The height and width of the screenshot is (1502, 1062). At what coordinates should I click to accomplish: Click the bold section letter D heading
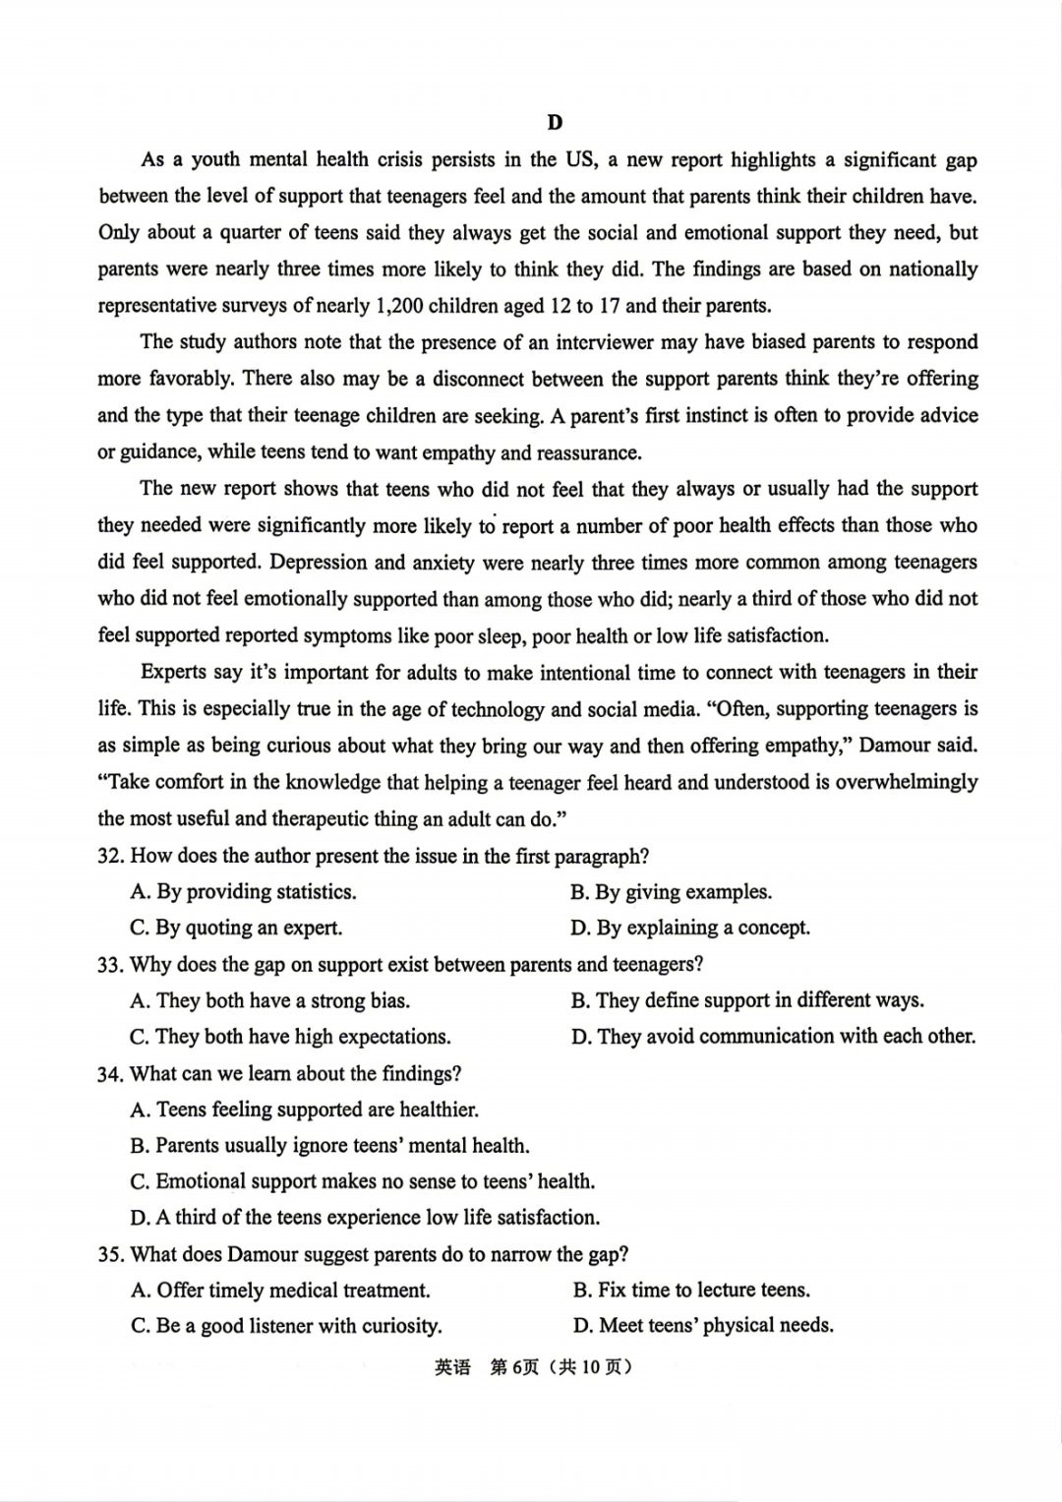tap(555, 123)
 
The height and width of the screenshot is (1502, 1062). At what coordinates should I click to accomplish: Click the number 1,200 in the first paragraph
tap(399, 306)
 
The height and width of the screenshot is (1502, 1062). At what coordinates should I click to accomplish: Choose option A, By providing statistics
tap(244, 892)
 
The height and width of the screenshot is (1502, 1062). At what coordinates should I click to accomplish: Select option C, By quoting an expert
tap(237, 928)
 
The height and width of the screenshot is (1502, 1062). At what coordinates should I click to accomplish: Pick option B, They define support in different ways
tap(747, 1000)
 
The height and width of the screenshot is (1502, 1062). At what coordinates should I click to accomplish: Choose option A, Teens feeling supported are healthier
tap(305, 1110)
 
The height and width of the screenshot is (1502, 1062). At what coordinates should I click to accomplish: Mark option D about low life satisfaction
tap(365, 1218)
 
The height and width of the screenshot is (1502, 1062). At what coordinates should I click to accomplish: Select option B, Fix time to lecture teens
tap(691, 1290)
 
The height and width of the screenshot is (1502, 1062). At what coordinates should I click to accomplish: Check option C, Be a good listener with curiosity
tap(286, 1326)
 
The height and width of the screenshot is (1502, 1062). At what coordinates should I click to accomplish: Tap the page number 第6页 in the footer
tap(513, 1367)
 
